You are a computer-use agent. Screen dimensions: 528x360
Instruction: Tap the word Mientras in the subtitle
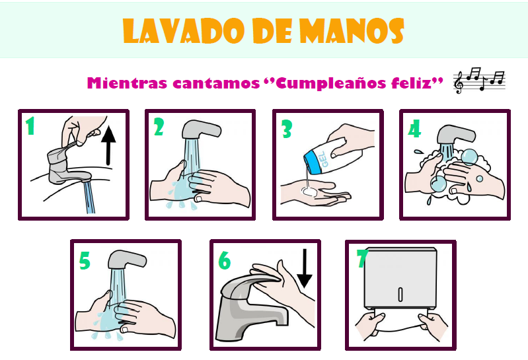[127, 83]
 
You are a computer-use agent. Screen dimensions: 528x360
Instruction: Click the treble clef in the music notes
[459, 83]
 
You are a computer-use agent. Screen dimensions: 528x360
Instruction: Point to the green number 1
[30, 126]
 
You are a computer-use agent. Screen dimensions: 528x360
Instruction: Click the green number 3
[287, 129]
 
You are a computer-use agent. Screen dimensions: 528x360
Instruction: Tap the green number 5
[85, 261]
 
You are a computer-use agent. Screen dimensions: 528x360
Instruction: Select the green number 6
[224, 261]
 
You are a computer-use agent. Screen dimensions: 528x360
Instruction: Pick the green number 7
[362, 259]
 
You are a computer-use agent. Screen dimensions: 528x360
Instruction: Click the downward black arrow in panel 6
[305, 268]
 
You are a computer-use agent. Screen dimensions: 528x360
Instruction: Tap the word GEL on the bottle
[323, 159]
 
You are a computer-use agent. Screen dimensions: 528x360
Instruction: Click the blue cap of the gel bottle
[312, 163]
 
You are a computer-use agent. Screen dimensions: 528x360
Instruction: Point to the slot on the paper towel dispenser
[400, 295]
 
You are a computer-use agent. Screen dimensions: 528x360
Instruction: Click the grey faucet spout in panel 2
[201, 129]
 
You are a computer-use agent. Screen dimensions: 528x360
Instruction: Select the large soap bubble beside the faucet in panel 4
[469, 157]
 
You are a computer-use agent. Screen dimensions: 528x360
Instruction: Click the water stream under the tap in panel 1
[89, 197]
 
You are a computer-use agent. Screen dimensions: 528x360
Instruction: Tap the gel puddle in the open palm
[309, 192]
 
